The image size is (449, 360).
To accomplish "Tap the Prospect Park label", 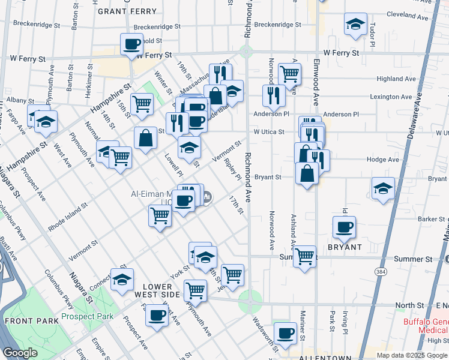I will tap(87, 316).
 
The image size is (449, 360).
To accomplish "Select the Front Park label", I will tap(31, 321).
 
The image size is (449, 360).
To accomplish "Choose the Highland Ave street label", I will tap(396, 79).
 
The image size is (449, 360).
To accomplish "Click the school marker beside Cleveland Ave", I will tap(355, 25).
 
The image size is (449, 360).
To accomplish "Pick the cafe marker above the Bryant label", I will tap(345, 227).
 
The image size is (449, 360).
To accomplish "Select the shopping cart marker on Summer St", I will tap(305, 256).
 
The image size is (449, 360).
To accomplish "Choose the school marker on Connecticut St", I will tap(122, 279).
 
